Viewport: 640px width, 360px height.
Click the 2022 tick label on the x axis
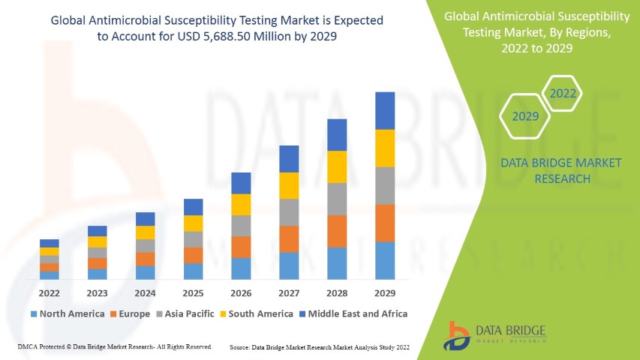[x=49, y=293]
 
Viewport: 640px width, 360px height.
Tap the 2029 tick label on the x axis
[x=385, y=293]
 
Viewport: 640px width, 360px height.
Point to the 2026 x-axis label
[x=241, y=293]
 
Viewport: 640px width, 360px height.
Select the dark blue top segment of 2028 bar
[x=337, y=135]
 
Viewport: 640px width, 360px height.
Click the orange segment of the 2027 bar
[x=289, y=238]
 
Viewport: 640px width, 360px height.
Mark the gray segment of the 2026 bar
[x=241, y=226]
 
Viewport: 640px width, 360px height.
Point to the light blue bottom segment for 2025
[x=193, y=271]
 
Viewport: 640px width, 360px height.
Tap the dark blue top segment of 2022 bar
[x=49, y=243]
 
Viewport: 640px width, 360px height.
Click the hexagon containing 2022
[x=563, y=94]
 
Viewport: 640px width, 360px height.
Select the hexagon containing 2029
[x=525, y=117]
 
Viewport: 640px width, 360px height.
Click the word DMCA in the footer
[x=26, y=347]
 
